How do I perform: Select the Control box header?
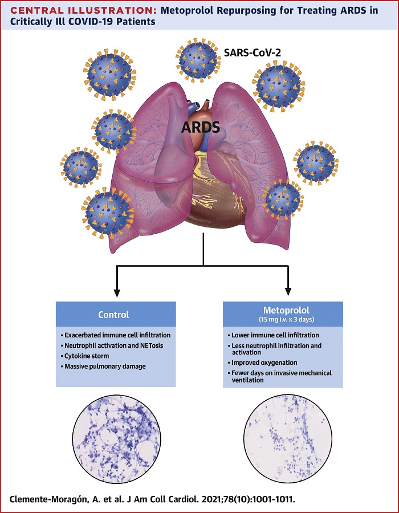coord(114,314)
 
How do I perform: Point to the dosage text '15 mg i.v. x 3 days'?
coord(282,319)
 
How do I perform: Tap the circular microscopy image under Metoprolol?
coord(283,434)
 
